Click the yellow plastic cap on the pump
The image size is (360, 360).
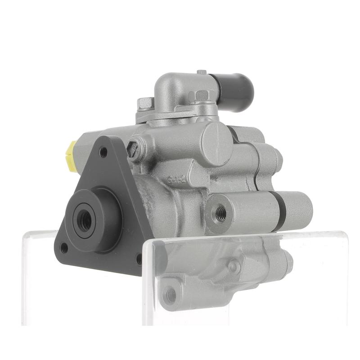click(x=71, y=156)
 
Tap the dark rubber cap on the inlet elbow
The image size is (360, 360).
click(x=236, y=92)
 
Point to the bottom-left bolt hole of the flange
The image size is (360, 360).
click(x=64, y=247)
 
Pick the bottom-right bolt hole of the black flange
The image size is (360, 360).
click(x=139, y=259)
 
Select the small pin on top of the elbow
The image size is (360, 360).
click(x=202, y=72)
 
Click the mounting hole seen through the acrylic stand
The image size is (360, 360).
click(x=170, y=295)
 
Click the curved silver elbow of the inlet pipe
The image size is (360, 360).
click(x=173, y=88)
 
